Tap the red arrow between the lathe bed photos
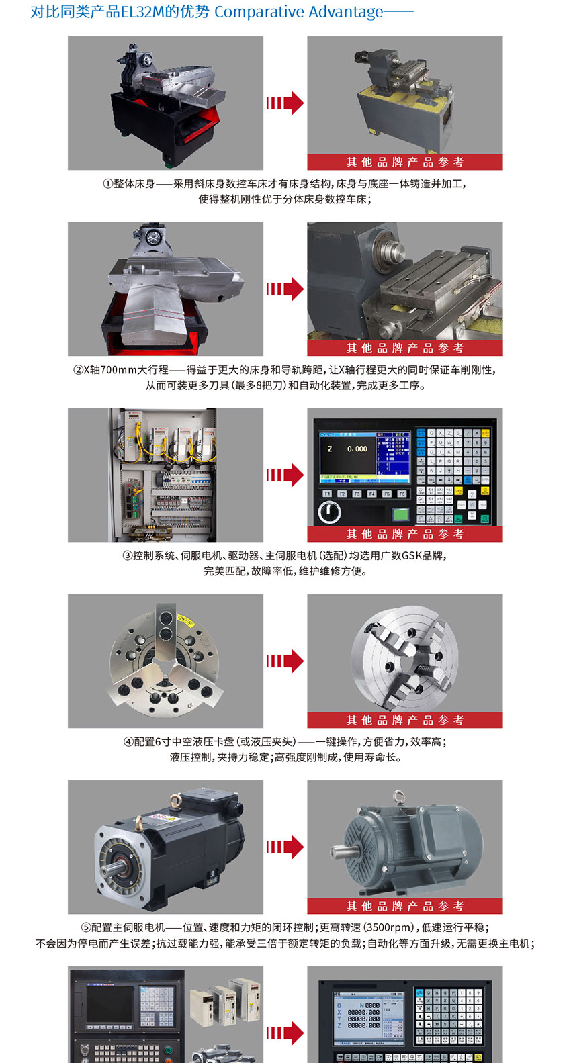pyautogui.click(x=285, y=103)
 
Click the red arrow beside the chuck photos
pyautogui.click(x=285, y=661)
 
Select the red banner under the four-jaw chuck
pyautogui.click(x=404, y=720)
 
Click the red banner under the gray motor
pyautogui.click(x=404, y=906)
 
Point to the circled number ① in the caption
pyautogui.click(x=107, y=184)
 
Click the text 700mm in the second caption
pyautogui.click(x=119, y=370)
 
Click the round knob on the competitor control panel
pyautogui.click(x=329, y=513)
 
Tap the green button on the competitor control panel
pyautogui.click(x=401, y=514)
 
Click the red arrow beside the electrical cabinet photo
pyautogui.click(x=285, y=475)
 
